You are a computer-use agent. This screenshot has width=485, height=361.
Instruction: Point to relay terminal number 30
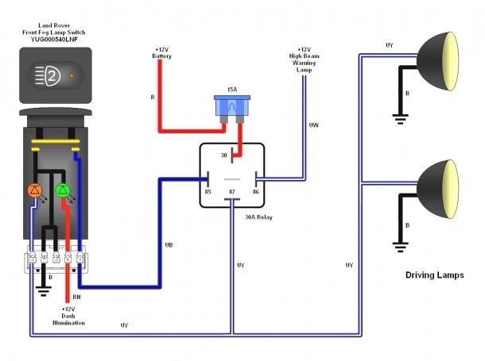coord(231,156)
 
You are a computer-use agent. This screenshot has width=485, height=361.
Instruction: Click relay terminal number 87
coord(231,192)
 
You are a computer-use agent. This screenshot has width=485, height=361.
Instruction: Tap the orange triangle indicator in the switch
coord(34,190)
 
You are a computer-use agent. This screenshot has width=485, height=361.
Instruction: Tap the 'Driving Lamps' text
coord(433,275)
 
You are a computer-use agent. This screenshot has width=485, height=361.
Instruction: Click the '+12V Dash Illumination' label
coord(68,317)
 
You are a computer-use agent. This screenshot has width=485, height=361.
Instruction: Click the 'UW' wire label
coord(314,125)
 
